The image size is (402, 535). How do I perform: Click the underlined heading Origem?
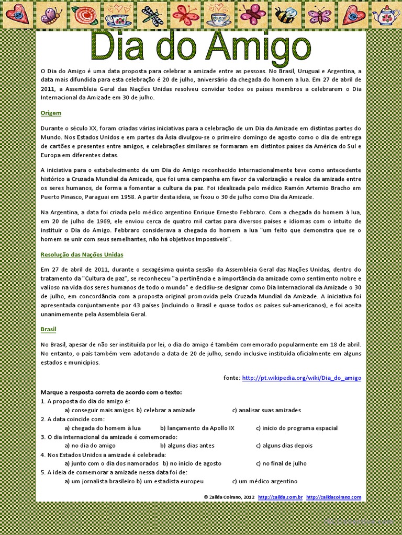(51, 113)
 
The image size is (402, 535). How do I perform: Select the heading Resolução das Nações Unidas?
(82, 254)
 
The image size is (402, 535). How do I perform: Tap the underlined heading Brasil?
(48, 329)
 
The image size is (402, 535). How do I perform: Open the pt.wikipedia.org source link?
(301, 378)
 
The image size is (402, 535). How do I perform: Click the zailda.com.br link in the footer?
(280, 497)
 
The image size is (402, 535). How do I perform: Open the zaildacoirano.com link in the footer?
(333, 497)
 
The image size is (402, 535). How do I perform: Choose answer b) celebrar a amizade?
(166, 410)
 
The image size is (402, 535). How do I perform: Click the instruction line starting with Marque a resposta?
(111, 392)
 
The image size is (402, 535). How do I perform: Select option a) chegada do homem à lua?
(102, 428)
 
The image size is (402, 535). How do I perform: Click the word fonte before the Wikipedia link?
(231, 378)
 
